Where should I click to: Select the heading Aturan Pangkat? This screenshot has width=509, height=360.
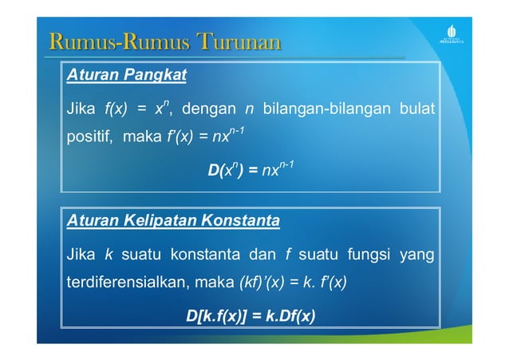(x=126, y=76)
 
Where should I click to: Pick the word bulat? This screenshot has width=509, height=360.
(x=416, y=108)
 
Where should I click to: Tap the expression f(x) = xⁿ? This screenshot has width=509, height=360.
(x=140, y=107)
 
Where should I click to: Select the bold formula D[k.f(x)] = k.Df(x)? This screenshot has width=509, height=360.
(x=251, y=316)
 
